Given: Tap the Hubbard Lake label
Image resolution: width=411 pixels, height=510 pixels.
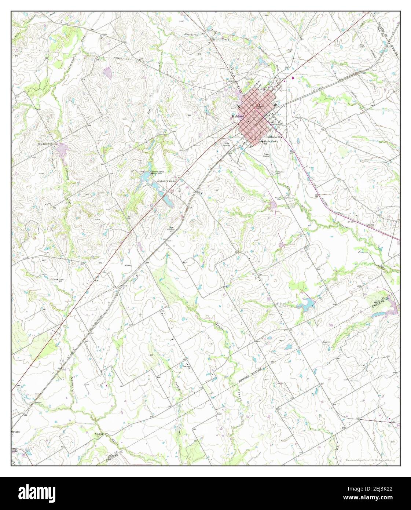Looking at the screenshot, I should coord(167,181).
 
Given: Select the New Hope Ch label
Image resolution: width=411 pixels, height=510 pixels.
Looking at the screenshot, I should coord(46,144).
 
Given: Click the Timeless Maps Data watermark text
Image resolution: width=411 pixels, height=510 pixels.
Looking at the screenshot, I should coord(370,460).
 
